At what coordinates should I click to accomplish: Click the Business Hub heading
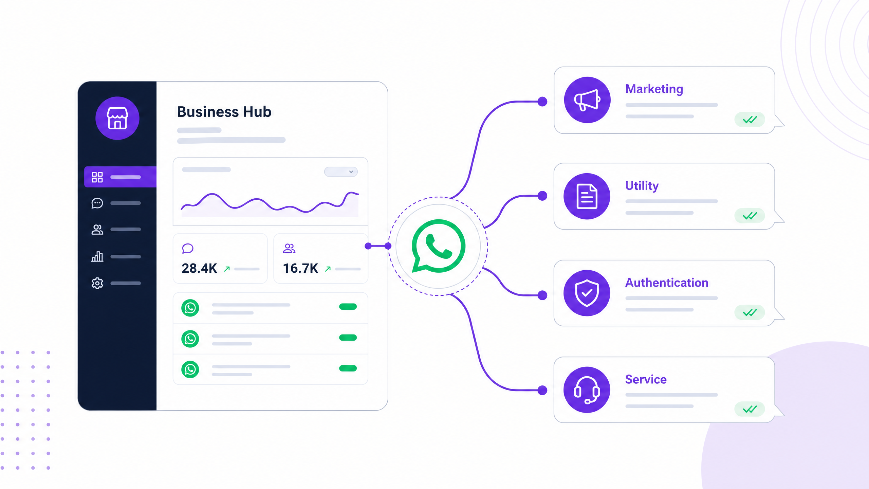point(224,112)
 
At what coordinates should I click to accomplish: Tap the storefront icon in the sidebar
point(117,118)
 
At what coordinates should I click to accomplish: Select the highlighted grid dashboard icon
point(97,177)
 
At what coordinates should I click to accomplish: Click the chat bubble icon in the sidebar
point(97,203)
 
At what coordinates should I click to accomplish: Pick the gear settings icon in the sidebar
point(97,283)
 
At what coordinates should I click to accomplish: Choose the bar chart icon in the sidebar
point(97,256)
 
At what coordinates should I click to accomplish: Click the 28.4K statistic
point(199,268)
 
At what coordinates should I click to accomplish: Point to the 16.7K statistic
point(300,268)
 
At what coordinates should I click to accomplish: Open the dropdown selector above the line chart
point(341,172)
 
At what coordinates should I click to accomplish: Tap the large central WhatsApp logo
point(438,246)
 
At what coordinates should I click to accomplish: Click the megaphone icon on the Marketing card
point(587,100)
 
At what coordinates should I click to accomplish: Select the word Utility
point(642,186)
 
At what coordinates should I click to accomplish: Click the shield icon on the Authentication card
point(587,293)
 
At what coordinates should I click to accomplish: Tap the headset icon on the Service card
point(587,390)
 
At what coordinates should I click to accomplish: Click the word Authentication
point(667,283)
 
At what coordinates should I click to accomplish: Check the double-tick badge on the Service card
point(750,409)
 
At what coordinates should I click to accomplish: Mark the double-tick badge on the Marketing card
point(750,120)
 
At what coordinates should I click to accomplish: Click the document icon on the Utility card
point(587,196)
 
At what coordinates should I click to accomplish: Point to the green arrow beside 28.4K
point(227,269)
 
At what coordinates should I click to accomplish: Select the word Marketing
point(654,89)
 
